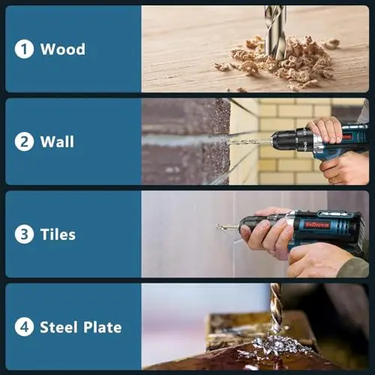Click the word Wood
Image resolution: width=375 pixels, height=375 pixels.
click(63, 49)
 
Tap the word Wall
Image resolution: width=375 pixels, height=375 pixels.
click(57, 142)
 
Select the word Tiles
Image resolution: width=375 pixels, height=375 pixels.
click(58, 235)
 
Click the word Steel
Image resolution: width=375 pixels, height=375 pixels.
click(58, 327)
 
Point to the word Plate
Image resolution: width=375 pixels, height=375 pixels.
click(103, 327)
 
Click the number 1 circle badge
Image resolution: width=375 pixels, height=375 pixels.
click(24, 49)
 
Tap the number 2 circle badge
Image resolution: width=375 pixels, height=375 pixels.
click(24, 142)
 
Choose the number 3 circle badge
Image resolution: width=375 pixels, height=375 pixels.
click(24, 235)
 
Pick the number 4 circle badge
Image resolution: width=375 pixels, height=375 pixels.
click(24, 327)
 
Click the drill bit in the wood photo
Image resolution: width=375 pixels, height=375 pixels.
click(275, 32)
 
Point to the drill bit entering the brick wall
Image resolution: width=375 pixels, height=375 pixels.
click(250, 142)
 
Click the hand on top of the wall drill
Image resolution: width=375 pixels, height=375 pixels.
click(325, 130)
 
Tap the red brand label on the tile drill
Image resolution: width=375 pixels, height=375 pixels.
click(317, 225)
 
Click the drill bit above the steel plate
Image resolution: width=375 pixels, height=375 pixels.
click(276, 309)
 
